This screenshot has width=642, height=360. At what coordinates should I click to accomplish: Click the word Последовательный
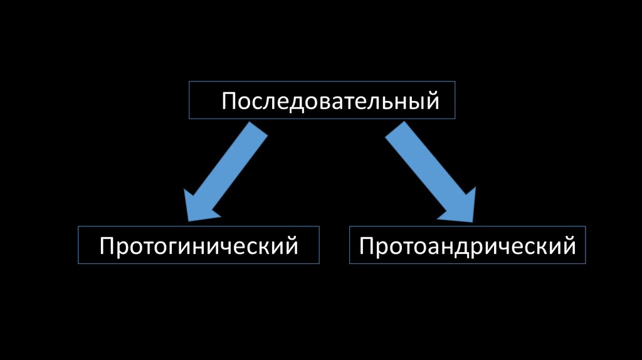coord(330,100)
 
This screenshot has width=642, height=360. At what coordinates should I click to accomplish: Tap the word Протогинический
coord(199,245)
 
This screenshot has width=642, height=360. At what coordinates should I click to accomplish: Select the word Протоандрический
coord(467,245)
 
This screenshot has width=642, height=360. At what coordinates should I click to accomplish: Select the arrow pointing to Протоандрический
coord(433,172)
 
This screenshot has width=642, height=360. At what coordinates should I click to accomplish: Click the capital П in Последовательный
coord(228,100)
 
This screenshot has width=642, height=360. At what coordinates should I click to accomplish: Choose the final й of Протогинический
coord(291,245)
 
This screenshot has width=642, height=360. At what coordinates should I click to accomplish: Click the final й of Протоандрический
coord(569,245)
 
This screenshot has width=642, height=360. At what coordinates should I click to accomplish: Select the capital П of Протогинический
coord(107,245)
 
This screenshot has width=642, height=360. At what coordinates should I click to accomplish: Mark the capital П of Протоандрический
coord(366,245)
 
